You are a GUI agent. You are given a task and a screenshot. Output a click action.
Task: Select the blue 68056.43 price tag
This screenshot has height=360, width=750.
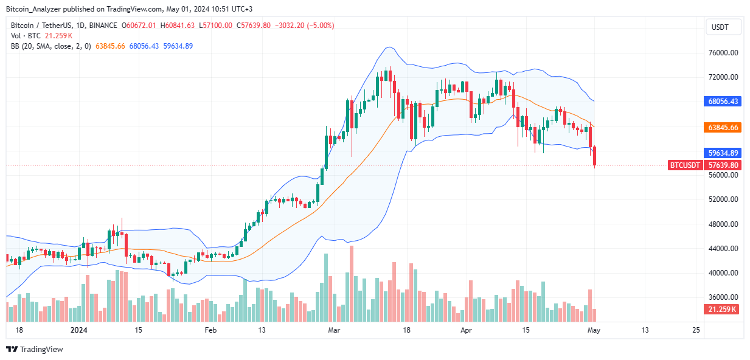(x=722, y=102)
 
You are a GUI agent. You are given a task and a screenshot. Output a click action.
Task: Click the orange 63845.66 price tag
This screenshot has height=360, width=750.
(x=722, y=128)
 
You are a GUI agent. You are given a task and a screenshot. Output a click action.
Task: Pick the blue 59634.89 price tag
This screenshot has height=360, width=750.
(x=722, y=153)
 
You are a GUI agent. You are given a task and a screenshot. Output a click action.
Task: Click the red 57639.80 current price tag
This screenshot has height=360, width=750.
(x=722, y=165)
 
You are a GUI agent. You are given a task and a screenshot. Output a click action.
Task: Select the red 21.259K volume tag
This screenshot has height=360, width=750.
(x=722, y=310)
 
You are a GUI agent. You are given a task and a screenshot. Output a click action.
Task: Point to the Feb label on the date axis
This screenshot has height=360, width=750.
(x=210, y=330)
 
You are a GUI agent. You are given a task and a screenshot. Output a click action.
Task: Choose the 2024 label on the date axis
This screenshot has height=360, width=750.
(x=79, y=330)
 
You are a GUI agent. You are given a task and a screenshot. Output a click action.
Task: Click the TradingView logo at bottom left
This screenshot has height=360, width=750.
(x=35, y=349)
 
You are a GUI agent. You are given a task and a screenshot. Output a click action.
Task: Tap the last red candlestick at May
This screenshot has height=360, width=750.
(x=594, y=156)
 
